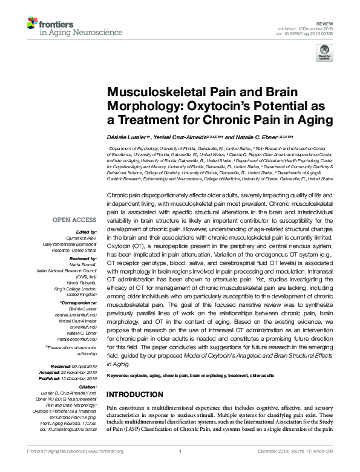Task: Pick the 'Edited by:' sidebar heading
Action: coord(88,232)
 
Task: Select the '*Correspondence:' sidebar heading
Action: coord(79,301)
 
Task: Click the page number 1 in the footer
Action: coord(180,467)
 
